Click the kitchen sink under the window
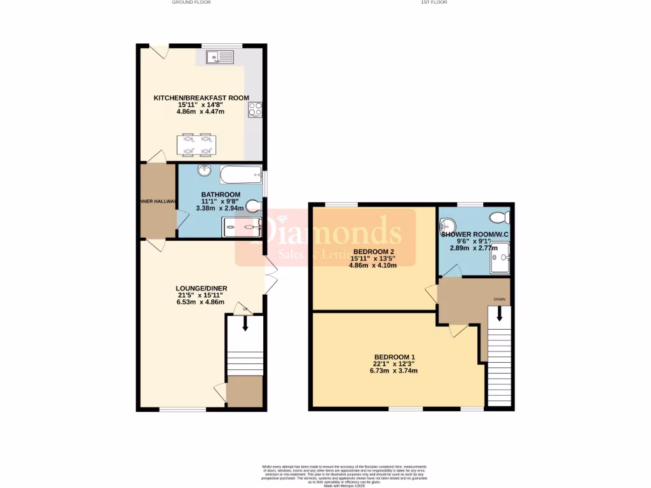(x=219, y=58)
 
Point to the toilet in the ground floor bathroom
(x=255, y=205)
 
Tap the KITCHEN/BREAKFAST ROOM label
(x=201, y=98)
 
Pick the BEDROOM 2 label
(x=373, y=251)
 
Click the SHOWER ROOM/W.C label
(x=476, y=234)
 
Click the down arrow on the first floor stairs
(x=500, y=313)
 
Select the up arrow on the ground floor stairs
(x=245, y=324)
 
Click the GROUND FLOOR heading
(x=191, y=3)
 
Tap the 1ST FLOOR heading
(x=434, y=3)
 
